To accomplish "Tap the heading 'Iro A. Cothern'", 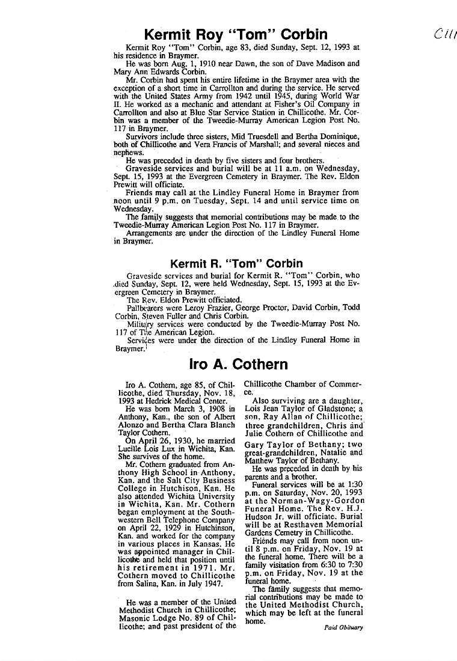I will point(238,364).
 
